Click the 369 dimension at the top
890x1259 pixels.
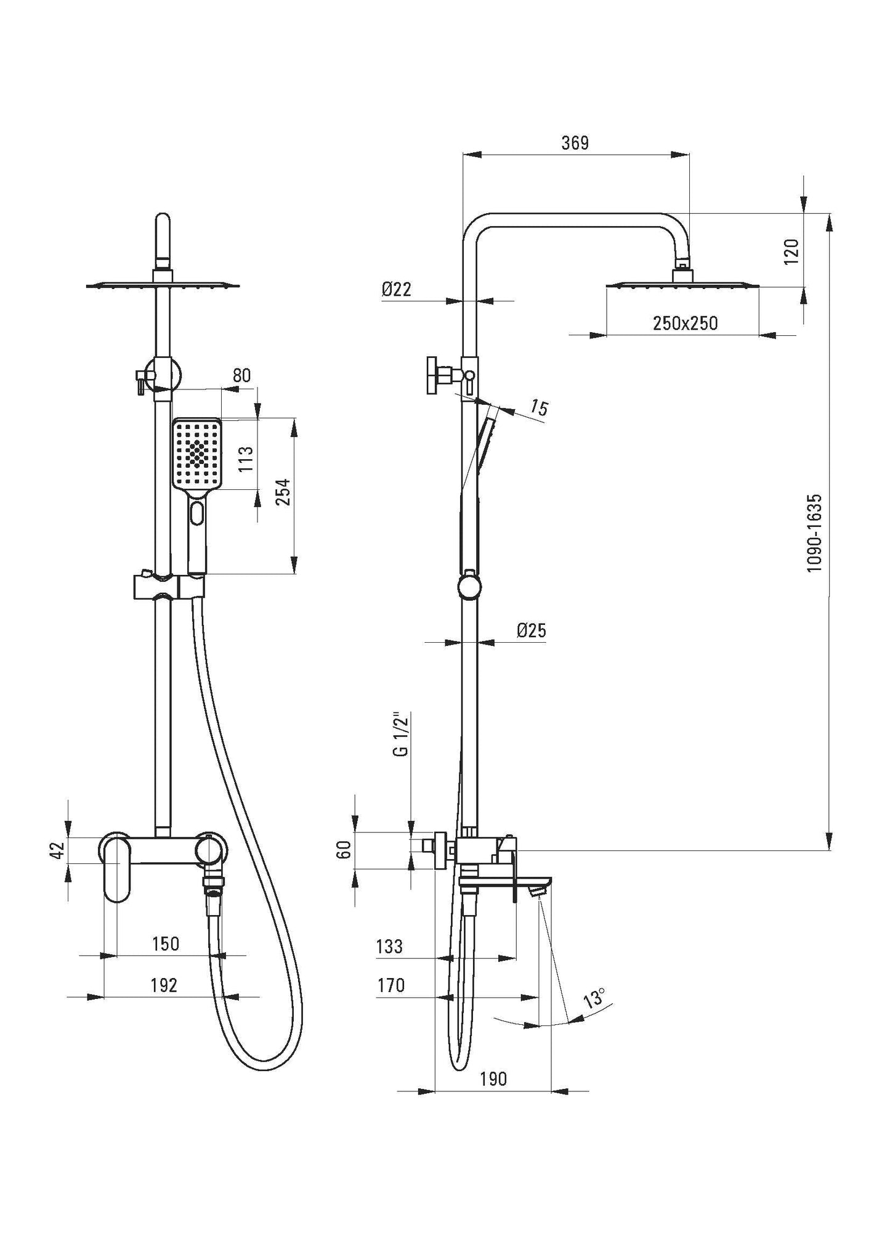point(575,143)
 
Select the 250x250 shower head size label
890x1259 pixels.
point(685,324)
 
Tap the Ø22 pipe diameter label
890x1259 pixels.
point(396,290)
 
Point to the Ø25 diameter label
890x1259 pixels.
point(532,630)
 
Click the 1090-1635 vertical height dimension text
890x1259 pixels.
point(814,532)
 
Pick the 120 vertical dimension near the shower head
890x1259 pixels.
point(792,251)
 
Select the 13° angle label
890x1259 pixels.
point(594,998)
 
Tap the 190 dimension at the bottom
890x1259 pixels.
point(493,1078)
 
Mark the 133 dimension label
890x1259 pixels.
point(389,946)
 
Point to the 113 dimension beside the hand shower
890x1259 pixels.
point(245,458)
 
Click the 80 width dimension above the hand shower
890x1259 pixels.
point(242,375)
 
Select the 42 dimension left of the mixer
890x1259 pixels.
point(57,850)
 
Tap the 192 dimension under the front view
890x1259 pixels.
point(164,985)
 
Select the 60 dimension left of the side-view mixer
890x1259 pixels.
point(345,850)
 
